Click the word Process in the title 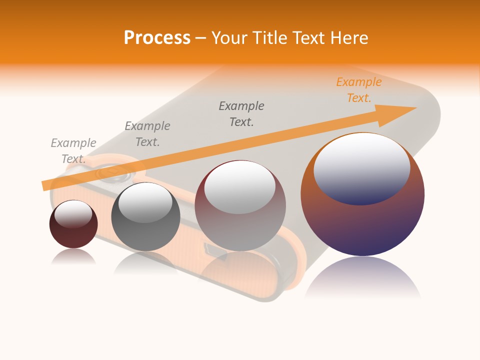157,38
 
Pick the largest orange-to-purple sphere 362,220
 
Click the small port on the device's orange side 207,247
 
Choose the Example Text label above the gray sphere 147,134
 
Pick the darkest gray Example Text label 241,114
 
